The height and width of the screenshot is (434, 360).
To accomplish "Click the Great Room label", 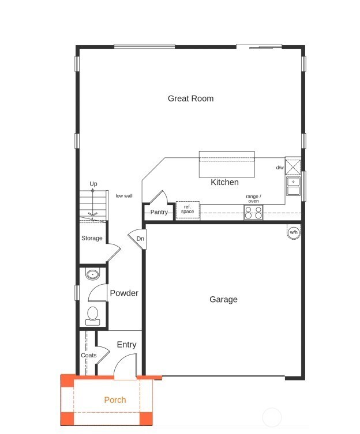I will coord(190,99).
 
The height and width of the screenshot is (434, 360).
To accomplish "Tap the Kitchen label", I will coord(224,182).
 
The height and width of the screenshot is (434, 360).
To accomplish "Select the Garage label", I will coord(223,300).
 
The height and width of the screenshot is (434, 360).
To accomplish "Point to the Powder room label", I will coord(124,293).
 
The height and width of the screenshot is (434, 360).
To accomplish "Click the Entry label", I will coord(126,345).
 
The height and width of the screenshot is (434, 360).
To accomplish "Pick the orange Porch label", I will coord(115,400).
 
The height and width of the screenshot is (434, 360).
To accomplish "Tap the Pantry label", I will coord(159,212).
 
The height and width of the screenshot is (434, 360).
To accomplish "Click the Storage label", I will coord(92,238).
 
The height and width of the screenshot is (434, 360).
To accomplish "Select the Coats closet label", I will coord(88,355).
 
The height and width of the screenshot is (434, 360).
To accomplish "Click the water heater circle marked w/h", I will coord(294,232).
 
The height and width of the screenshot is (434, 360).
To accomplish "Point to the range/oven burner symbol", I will coord(253,212).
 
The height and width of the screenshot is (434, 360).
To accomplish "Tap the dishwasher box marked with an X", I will coord(293,167).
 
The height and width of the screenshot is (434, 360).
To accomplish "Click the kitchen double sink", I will coord(293,187).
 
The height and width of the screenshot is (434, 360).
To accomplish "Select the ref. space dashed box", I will coord(187,210).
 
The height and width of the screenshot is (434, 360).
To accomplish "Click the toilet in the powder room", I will coord(92,314).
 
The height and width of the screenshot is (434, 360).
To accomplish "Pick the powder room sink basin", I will coord(93,274).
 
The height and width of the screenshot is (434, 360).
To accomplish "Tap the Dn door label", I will coord(140,239).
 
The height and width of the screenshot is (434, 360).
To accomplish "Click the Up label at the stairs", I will coord(93,184).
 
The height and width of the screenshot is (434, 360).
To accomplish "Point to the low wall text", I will coord(124,196).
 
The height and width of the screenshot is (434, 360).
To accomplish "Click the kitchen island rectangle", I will coord(227,165).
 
